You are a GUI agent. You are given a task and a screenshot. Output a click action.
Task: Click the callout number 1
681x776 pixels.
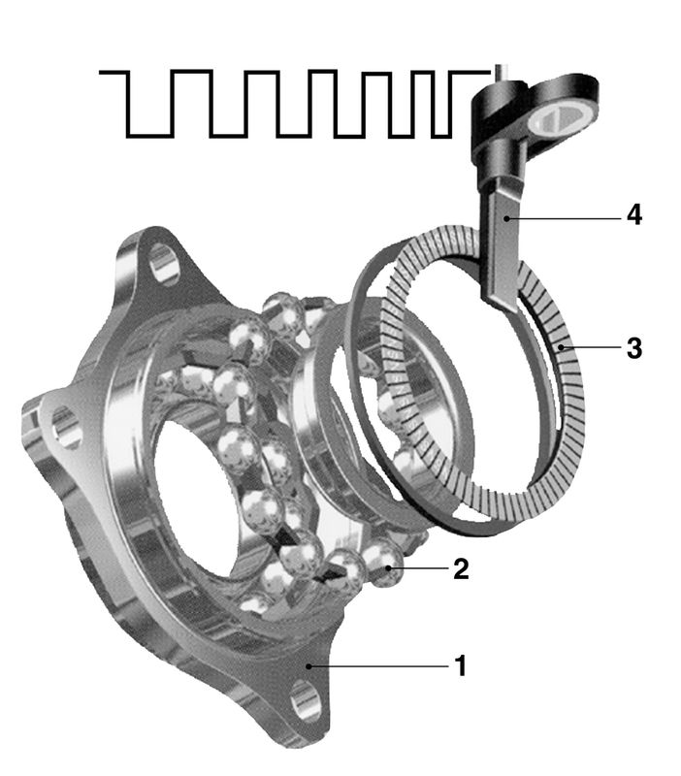(461, 665)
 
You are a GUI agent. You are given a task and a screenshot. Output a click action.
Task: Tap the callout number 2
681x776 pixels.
(460, 568)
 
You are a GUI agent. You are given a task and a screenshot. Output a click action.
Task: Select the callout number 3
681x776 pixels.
(634, 348)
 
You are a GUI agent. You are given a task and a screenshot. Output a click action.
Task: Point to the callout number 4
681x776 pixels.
(634, 215)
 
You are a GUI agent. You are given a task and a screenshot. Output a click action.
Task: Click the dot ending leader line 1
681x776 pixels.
(308, 666)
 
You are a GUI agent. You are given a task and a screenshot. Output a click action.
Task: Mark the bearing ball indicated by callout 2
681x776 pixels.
(384, 566)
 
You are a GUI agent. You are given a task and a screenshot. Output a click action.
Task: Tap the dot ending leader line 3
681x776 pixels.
(561, 347)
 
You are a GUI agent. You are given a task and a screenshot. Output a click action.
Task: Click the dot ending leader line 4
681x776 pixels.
(506, 217)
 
